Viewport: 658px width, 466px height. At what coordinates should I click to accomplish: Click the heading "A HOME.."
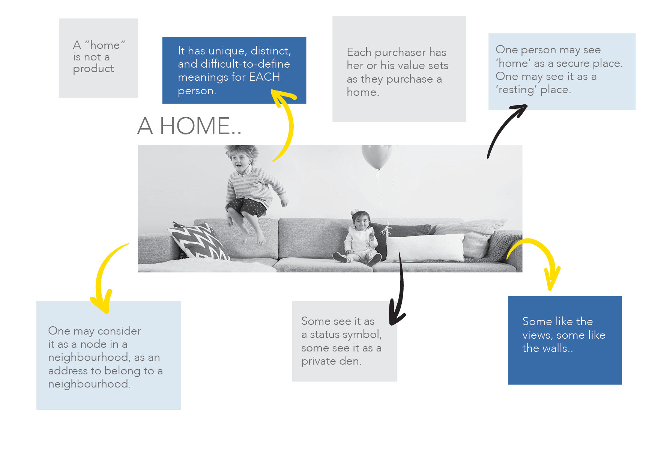coord(189,126)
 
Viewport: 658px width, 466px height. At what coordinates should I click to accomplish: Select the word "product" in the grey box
coord(93,69)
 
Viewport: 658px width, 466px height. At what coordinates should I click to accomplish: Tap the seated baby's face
coord(361,222)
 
